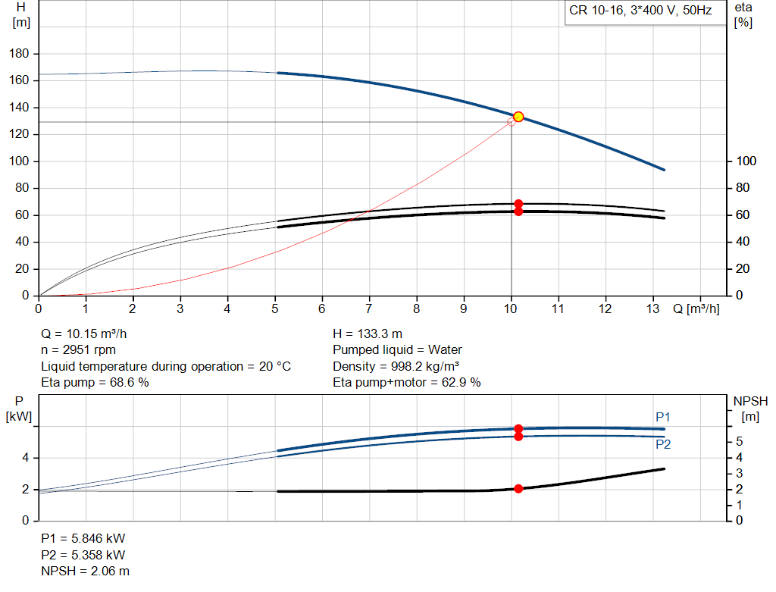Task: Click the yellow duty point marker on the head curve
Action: (x=518, y=117)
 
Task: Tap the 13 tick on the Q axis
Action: (x=652, y=309)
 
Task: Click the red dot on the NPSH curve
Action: (x=518, y=489)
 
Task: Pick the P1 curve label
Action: (x=663, y=417)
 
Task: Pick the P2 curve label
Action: (x=663, y=444)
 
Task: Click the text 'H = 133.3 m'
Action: (x=368, y=334)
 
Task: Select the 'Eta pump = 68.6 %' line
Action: (x=95, y=383)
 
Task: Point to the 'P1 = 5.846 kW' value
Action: (x=83, y=538)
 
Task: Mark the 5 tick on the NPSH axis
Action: (x=739, y=442)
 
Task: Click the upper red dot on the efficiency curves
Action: (x=518, y=204)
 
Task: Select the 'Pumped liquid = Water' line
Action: (x=397, y=350)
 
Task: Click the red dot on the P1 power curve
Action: (x=518, y=429)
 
